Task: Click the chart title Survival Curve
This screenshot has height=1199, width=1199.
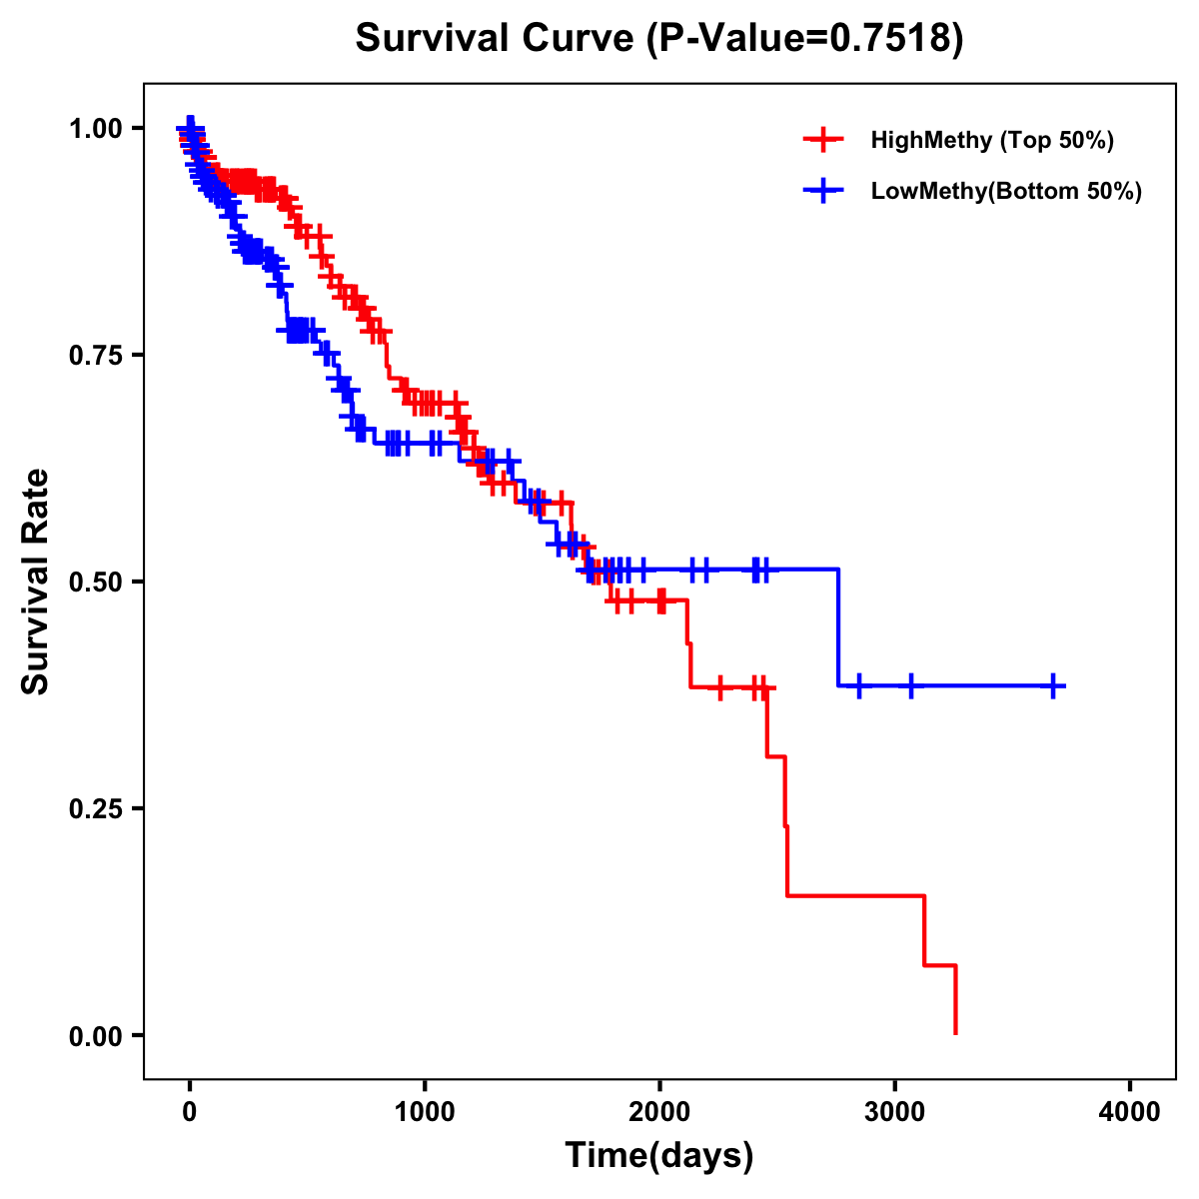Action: coord(495,39)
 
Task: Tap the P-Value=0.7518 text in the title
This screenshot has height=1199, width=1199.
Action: coord(805,39)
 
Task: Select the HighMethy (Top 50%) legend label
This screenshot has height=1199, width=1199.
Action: coord(992,140)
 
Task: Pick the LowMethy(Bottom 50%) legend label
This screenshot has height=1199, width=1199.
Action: coord(1006,191)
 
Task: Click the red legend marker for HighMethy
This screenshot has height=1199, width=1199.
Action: coord(823,140)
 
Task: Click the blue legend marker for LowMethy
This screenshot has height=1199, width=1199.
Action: coord(823,191)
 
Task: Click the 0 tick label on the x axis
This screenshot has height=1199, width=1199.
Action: coord(190,1112)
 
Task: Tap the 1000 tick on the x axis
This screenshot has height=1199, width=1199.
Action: coord(425,1112)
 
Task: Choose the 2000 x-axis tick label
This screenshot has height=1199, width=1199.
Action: coord(659,1112)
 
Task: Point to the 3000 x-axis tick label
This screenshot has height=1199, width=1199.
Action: coord(894,1112)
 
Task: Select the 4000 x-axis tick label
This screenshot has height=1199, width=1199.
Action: coord(1130,1112)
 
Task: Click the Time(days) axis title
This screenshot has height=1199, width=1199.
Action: coord(659,1156)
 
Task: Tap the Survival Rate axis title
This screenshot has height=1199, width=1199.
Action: coord(36,582)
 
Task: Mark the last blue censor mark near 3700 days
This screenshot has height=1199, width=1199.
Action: coord(1053,686)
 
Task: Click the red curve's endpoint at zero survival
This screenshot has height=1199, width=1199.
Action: coord(956,1033)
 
